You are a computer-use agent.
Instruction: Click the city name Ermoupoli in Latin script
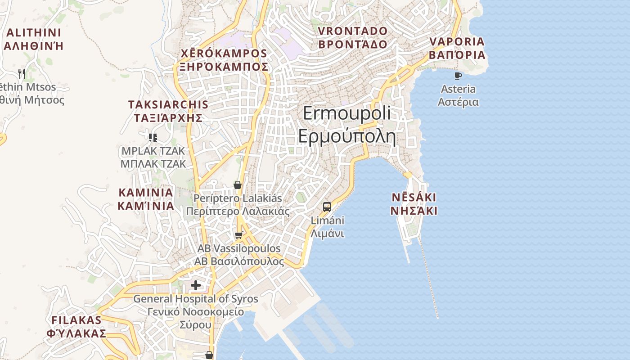pyautogui.click(x=346, y=114)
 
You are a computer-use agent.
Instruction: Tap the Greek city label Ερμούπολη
pyautogui.click(x=346, y=136)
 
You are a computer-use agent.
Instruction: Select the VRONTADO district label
pyautogui.click(x=352, y=31)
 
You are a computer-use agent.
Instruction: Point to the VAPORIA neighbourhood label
pyautogui.click(x=457, y=42)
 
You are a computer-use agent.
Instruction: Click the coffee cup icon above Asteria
pyautogui.click(x=458, y=76)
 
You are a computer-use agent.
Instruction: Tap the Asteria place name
pyautogui.click(x=458, y=89)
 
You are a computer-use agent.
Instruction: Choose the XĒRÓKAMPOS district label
pyautogui.click(x=224, y=54)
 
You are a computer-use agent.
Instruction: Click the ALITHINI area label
pyautogui.click(x=34, y=33)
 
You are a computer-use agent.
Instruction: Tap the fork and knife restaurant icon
pyautogui.click(x=22, y=73)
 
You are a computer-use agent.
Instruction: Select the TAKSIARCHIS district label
pyautogui.click(x=168, y=105)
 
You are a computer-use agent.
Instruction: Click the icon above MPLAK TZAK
pyautogui.click(x=153, y=137)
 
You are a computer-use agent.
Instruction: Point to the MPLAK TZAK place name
pyautogui.click(x=153, y=151)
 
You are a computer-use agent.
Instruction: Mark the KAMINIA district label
pyautogui.click(x=145, y=193)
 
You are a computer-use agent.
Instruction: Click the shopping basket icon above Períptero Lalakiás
pyautogui.click(x=238, y=185)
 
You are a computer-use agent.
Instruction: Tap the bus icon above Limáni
pyautogui.click(x=327, y=207)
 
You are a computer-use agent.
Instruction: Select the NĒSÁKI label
pyautogui.click(x=414, y=198)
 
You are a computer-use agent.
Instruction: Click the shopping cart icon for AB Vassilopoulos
pyautogui.click(x=239, y=235)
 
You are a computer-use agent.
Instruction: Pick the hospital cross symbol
pyautogui.click(x=196, y=285)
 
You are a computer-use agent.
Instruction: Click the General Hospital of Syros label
pyautogui.click(x=196, y=299)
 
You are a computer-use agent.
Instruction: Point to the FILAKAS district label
pyautogui.click(x=76, y=320)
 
